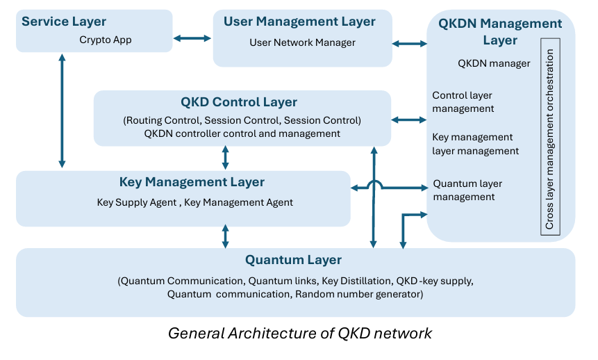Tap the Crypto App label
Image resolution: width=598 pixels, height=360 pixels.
tap(106, 40)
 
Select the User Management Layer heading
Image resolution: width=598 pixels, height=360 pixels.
tap(299, 22)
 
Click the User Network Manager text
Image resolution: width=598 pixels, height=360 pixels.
tap(302, 43)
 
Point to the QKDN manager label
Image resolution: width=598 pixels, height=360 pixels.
tap(494, 63)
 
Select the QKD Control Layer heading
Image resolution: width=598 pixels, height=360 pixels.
tap(239, 102)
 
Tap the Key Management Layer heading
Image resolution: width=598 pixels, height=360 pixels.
tap(192, 182)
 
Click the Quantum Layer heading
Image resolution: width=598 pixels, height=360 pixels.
tap(293, 260)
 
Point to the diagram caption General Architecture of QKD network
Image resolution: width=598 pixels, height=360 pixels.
tap(300, 334)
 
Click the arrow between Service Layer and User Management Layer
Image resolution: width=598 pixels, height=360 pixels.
tap(192, 38)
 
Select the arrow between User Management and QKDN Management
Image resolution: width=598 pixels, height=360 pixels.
tap(410, 44)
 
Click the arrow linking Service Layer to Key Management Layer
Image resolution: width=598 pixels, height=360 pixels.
tap(63, 111)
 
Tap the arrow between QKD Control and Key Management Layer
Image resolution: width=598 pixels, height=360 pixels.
tap(225, 158)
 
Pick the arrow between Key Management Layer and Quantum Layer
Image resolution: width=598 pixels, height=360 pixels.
tap(225, 236)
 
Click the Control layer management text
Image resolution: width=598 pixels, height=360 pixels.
tap(463, 101)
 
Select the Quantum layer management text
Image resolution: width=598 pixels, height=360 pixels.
tap(467, 190)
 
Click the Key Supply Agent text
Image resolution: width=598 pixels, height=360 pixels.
tap(137, 203)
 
